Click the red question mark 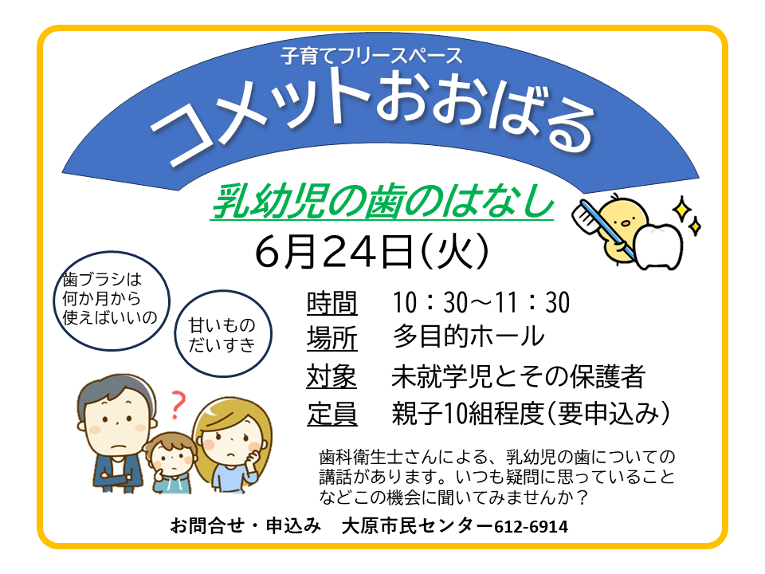[x=178, y=405]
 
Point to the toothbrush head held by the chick [x=585, y=214]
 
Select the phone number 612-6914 [x=531, y=527]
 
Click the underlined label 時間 [x=332, y=303]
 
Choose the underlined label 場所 [x=332, y=338]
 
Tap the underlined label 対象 [x=331, y=376]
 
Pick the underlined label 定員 [x=332, y=414]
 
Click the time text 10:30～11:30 [x=481, y=302]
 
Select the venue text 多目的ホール [x=469, y=336]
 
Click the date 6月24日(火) [x=371, y=251]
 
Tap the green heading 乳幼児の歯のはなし [x=382, y=202]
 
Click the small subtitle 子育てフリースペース [x=371, y=56]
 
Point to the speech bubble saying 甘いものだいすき [x=223, y=334]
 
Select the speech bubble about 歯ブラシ [x=112, y=301]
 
